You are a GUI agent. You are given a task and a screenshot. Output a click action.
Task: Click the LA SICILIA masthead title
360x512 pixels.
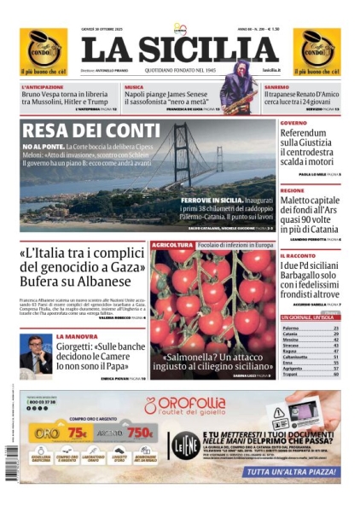(180, 50)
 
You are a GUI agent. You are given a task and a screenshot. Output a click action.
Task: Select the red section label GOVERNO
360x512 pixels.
(293, 123)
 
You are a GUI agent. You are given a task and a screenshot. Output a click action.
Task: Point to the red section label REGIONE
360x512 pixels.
(292, 191)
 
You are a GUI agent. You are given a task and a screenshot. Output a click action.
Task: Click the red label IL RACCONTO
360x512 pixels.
(298, 255)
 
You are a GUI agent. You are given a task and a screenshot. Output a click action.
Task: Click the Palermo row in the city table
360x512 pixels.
(291, 328)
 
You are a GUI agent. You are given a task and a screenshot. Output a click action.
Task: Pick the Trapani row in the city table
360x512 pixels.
(291, 374)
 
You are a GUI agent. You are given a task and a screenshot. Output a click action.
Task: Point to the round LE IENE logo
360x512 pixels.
(187, 444)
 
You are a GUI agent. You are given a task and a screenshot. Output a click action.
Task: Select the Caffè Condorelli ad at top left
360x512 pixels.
(43, 50)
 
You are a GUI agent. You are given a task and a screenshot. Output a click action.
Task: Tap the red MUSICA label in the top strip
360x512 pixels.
(134, 87)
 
